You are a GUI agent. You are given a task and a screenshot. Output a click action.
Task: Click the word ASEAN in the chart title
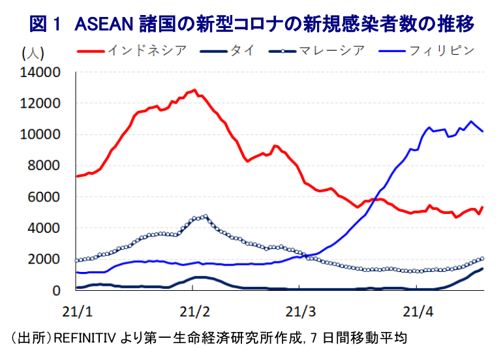[104, 25]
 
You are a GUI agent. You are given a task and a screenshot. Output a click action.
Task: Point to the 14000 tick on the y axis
[40, 72]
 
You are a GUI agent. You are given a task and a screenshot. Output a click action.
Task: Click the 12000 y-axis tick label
[40, 104]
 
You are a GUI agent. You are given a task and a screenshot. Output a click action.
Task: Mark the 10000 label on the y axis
[40, 135]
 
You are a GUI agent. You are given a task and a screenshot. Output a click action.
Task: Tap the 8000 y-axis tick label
[44, 166]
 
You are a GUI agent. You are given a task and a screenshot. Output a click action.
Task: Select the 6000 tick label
[44, 197]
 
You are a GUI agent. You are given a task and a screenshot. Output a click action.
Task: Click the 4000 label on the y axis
[44, 228]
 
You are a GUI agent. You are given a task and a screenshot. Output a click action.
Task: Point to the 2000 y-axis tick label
[44, 260]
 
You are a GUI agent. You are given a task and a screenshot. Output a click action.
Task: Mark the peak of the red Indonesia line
[194, 90]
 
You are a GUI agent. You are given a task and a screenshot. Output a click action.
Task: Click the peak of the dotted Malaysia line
[206, 216]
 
